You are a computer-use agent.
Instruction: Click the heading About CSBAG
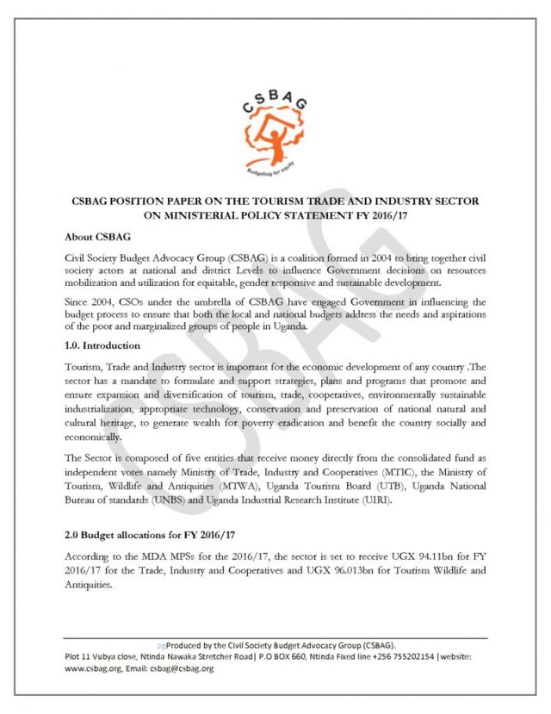point(98,235)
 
